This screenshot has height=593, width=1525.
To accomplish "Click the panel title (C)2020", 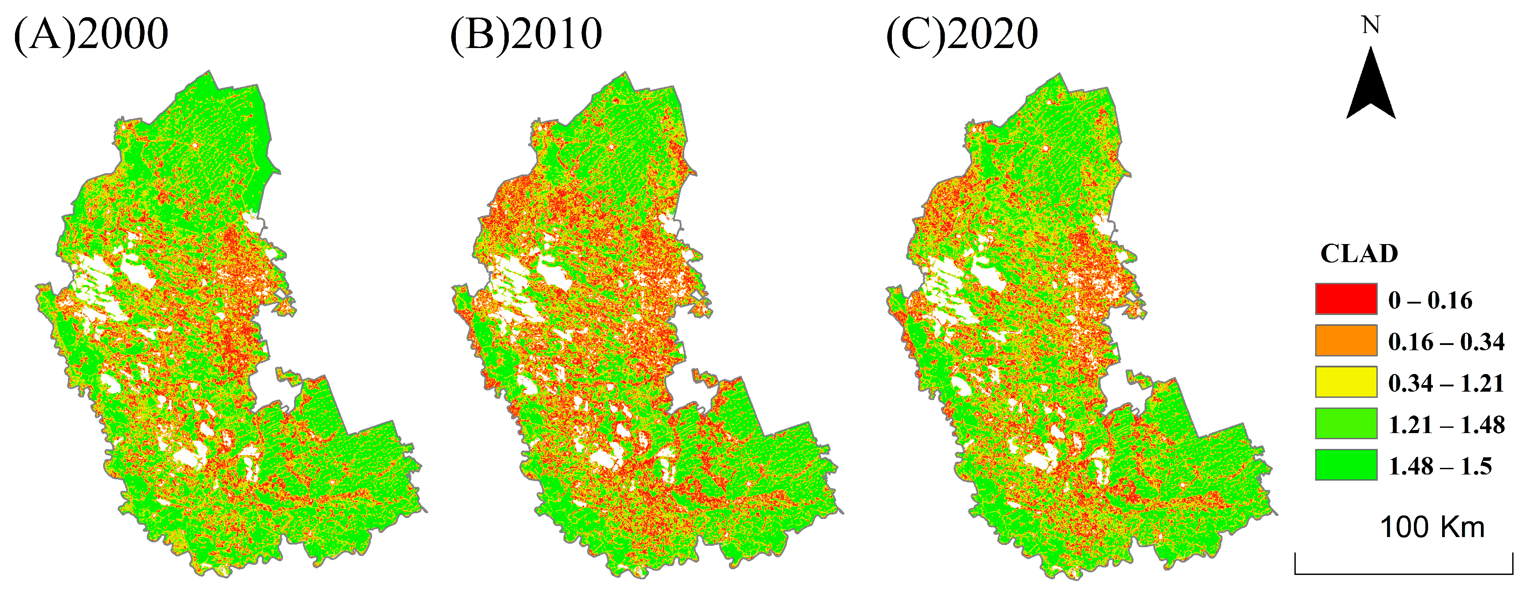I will click(962, 34).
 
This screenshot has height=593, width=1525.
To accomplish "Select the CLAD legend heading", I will click(1359, 254).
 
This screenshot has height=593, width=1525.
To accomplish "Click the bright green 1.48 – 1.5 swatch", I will click(1346, 465).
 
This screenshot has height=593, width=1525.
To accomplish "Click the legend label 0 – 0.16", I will click(1430, 300).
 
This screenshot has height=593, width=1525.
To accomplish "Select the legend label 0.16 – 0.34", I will click(1446, 342).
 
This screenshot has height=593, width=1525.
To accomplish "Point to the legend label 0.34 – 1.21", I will click(1446, 383).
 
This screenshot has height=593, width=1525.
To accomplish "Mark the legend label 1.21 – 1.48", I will click(1446, 425).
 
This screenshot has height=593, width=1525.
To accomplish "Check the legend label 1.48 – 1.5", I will click(1440, 467).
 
